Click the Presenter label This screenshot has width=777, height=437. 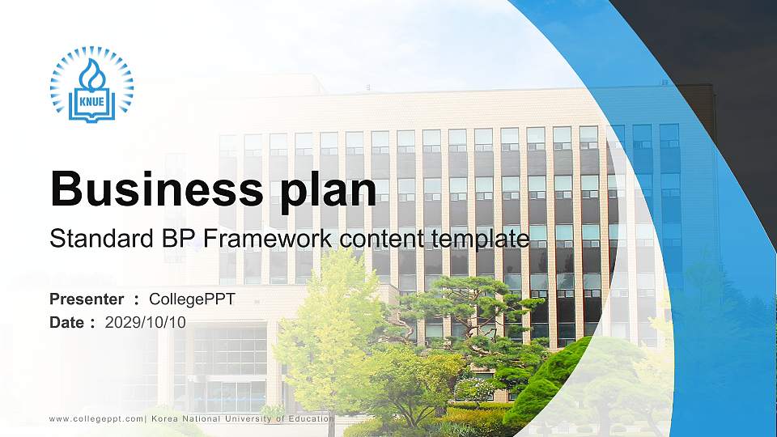coord(87,299)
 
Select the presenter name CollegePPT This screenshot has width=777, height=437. coord(193,299)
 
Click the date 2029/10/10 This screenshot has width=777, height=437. coord(146,322)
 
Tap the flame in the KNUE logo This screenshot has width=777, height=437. coord(91,73)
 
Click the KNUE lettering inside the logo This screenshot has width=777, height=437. coord(91,102)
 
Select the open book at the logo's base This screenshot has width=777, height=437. coord(91,116)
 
